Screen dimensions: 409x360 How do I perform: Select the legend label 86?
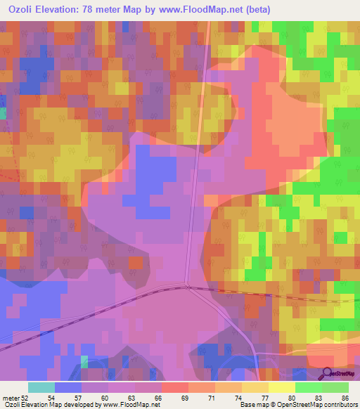pos(343,398)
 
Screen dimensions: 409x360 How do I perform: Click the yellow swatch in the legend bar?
pos(282,387)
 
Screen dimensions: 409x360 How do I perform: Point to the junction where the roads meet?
pos(187,286)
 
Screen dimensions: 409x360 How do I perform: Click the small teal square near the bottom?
pos(84,361)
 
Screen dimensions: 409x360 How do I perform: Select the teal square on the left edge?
pos(2,112)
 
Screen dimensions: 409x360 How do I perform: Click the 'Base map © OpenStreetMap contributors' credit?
pos(297,405)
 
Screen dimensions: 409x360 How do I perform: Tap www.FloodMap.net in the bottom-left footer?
pos(127,405)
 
